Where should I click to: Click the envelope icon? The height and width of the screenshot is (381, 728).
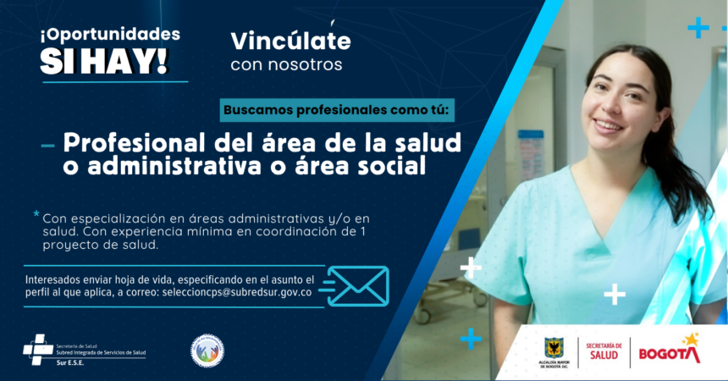click(x=357, y=286)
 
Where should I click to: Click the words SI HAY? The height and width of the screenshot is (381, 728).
click(x=103, y=60)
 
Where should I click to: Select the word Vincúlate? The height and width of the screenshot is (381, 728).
click(x=290, y=40)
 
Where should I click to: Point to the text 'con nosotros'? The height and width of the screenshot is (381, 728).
click(x=286, y=64)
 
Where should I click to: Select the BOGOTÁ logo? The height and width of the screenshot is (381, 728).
click(x=670, y=351)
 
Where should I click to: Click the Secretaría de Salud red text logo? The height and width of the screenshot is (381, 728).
click(x=604, y=351)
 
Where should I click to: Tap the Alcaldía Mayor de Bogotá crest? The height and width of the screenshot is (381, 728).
click(x=554, y=347)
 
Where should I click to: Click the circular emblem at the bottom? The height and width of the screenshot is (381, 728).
click(x=207, y=351)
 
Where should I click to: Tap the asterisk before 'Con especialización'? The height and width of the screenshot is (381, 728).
click(x=36, y=215)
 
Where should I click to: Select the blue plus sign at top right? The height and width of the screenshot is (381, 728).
click(x=698, y=28)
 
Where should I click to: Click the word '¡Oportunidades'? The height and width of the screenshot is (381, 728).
click(x=109, y=35)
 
